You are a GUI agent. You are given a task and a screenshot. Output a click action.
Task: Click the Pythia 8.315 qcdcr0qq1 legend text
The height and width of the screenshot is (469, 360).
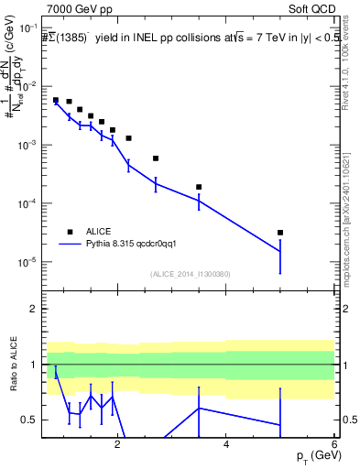pos(138,245)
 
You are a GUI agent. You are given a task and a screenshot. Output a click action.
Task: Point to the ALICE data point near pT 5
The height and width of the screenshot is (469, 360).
pos(280,233)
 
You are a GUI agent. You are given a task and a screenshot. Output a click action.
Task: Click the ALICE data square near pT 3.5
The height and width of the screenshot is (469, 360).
pos(199,187)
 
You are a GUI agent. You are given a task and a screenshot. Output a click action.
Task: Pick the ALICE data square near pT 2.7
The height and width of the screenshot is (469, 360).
pos(156,158)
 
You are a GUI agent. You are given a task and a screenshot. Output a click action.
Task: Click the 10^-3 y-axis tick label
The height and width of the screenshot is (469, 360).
pos(27,145)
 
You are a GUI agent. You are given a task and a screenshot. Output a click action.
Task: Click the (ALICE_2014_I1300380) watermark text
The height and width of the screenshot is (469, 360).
pos(190,274)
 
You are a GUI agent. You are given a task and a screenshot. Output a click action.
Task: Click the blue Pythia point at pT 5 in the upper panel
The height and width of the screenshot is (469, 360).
pos(280,251)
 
